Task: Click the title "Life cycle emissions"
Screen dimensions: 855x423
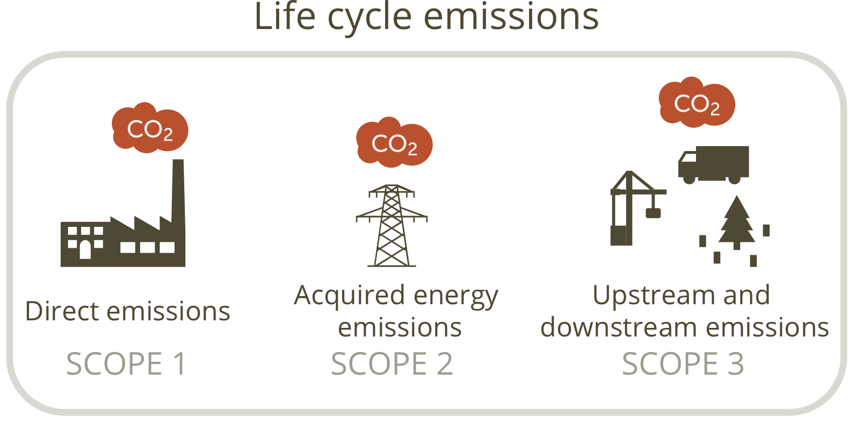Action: pos(426,17)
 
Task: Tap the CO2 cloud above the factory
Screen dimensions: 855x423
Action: pos(150,127)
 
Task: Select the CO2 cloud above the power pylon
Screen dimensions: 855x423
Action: pos(394,142)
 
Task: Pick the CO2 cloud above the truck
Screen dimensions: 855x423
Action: pos(697,102)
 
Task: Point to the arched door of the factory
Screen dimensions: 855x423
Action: pos(85,250)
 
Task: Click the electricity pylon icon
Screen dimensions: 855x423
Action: pos(392,226)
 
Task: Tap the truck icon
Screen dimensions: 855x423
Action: pos(713,164)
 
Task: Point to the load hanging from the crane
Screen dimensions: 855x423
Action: pos(653,213)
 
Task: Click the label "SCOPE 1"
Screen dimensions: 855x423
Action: pos(126,364)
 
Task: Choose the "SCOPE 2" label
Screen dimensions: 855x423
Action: pos(392,364)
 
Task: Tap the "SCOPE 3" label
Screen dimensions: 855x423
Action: pos(683,364)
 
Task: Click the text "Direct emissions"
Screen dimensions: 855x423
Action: pos(127,311)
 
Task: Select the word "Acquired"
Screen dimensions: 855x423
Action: pos(349,297)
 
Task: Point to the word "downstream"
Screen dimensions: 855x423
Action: pos(620,327)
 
